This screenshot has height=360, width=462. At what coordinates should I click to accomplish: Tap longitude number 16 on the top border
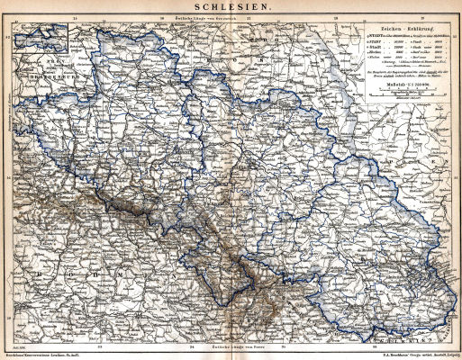[x=161, y=16]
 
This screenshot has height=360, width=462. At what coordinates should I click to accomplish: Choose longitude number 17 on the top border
[x=248, y=16]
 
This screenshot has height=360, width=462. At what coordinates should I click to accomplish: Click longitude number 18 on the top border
[x=334, y=16]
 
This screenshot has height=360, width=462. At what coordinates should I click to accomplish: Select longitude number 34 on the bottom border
[x=192, y=345]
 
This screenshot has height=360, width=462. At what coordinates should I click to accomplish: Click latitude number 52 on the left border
[x=5, y=38]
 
